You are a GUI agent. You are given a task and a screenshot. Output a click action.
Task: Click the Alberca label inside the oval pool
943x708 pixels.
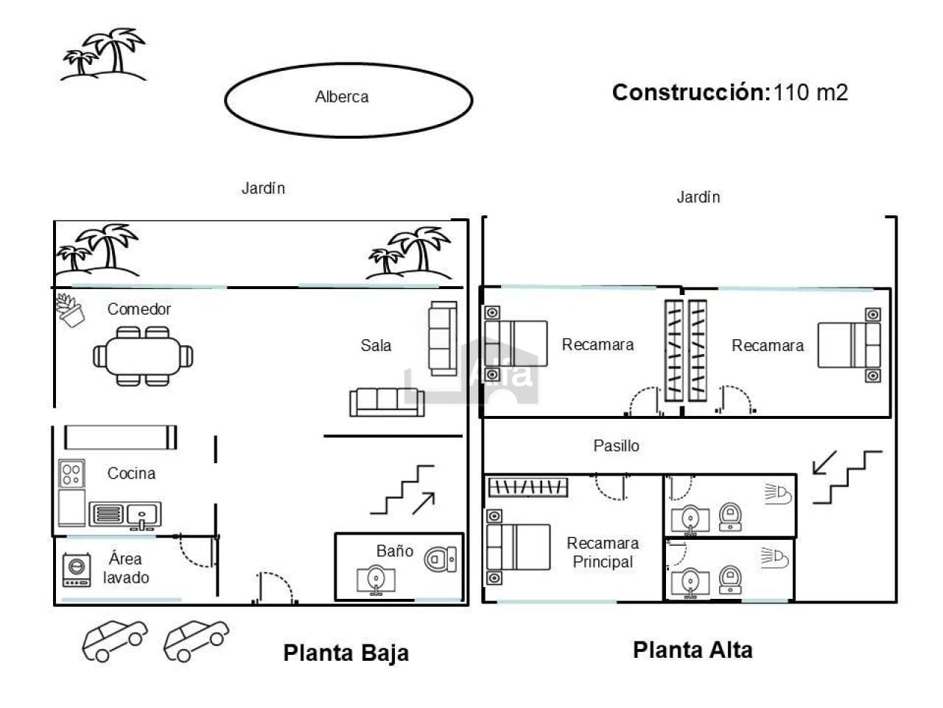click(342, 97)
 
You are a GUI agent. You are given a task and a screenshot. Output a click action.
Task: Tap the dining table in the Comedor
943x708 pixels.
click(143, 356)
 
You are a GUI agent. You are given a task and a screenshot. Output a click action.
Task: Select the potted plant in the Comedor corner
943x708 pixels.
click(71, 310)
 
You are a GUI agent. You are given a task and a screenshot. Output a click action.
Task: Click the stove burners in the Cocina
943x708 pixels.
click(71, 473)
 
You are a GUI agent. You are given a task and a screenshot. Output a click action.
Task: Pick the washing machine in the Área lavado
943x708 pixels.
click(77, 569)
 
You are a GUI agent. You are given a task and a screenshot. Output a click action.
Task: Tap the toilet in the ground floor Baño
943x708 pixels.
click(441, 559)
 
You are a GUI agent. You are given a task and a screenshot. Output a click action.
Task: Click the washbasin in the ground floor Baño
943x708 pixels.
click(376, 580)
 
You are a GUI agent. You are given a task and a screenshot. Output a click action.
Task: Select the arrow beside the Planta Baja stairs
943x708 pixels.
click(424, 503)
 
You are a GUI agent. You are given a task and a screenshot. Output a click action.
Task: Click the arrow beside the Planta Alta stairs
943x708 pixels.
click(824, 462)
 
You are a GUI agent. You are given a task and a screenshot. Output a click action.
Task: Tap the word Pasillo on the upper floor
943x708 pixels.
click(616, 445)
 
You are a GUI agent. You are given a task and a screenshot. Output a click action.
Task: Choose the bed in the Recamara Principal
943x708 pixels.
click(518, 546)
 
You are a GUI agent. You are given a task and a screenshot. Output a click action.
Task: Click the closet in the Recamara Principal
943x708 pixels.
click(528, 487)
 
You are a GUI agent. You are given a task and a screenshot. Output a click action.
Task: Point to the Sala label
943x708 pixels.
click(376, 345)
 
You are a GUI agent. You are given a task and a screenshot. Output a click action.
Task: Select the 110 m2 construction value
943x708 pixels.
click(810, 92)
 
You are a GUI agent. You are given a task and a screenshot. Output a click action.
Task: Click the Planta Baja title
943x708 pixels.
click(346, 653)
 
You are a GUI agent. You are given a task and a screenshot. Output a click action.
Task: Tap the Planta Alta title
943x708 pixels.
click(693, 650)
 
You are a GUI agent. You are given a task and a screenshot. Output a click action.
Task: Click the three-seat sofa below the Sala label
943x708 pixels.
click(387, 403)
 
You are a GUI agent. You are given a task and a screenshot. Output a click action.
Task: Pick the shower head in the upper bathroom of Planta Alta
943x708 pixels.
click(778, 494)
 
